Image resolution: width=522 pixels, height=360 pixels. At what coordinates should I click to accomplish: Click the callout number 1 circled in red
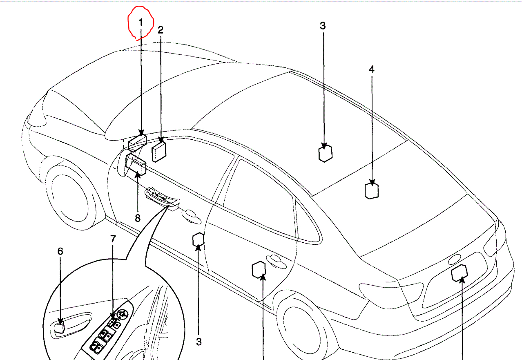pos(141,22)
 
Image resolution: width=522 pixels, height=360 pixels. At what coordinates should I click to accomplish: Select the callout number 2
pos(161,29)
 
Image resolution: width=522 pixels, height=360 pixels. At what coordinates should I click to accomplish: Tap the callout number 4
pos(371,69)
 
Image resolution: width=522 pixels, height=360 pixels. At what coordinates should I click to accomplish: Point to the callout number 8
pos(138,218)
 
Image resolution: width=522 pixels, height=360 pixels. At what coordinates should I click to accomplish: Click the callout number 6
pos(60,251)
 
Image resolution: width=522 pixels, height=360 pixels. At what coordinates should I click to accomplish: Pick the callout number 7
pos(113,239)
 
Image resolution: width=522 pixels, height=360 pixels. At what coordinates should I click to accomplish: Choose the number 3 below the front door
pos(199,342)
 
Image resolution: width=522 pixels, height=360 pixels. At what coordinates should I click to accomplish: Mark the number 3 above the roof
pos(323,26)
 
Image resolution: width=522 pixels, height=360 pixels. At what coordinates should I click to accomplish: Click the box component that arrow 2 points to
pos(158,152)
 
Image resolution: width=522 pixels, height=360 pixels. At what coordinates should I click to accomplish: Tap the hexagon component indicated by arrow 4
pos(371,191)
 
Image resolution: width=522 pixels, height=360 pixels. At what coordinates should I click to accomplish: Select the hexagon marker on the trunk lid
pos(459,273)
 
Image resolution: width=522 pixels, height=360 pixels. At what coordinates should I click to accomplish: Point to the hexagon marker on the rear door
pos(259,269)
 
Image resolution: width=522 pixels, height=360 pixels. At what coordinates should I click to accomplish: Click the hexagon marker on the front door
pos(198,240)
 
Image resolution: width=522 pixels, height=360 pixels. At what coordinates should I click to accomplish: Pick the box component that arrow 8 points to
pos(136,164)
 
